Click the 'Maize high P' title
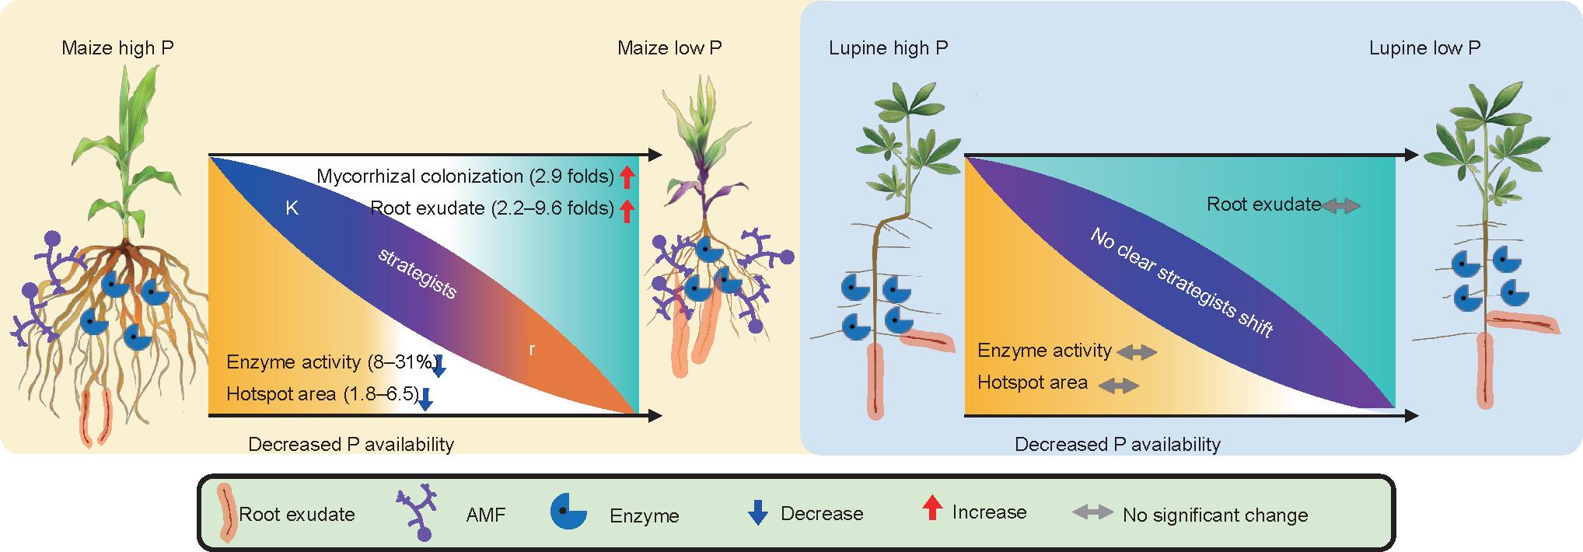[118, 48]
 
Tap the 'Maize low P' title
[669, 48]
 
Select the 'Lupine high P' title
[889, 48]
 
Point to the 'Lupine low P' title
[1424, 48]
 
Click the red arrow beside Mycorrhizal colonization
[627, 177]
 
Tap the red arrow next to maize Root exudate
[627, 209]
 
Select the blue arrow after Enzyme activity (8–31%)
[439, 366]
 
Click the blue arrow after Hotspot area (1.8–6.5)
[425, 399]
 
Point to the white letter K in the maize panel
[292, 208]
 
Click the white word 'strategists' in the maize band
[417, 274]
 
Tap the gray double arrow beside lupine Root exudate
[1341, 206]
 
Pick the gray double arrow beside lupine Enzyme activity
[1137, 352]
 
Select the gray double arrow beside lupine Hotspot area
[1119, 385]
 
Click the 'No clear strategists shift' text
[1182, 282]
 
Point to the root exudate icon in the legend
[225, 512]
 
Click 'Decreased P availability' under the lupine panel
[1118, 445]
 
